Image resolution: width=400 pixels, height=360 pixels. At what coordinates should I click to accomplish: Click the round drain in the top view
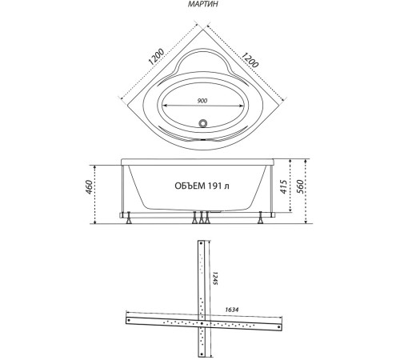[203, 125]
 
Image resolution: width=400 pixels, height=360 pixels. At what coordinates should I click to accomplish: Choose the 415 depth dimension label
[285, 188]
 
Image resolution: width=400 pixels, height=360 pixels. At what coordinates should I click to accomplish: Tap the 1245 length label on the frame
[214, 281]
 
